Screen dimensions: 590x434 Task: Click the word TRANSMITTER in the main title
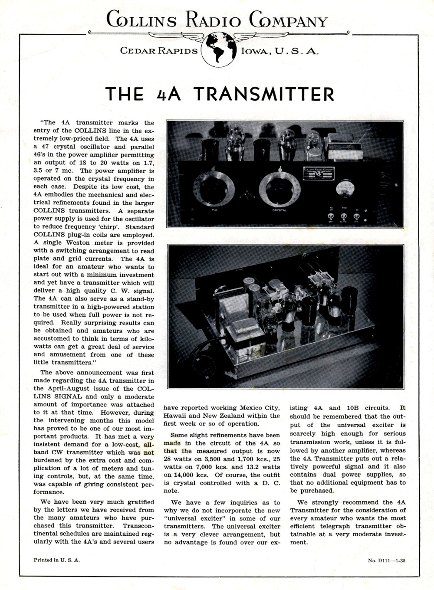263,94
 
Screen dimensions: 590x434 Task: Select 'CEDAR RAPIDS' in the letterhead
159,51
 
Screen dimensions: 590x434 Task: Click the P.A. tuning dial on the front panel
214,189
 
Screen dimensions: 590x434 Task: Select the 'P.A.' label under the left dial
214,210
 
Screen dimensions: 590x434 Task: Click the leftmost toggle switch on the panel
330,216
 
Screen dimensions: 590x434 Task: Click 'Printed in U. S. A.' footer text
57,560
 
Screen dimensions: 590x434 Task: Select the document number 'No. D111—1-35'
387,560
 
